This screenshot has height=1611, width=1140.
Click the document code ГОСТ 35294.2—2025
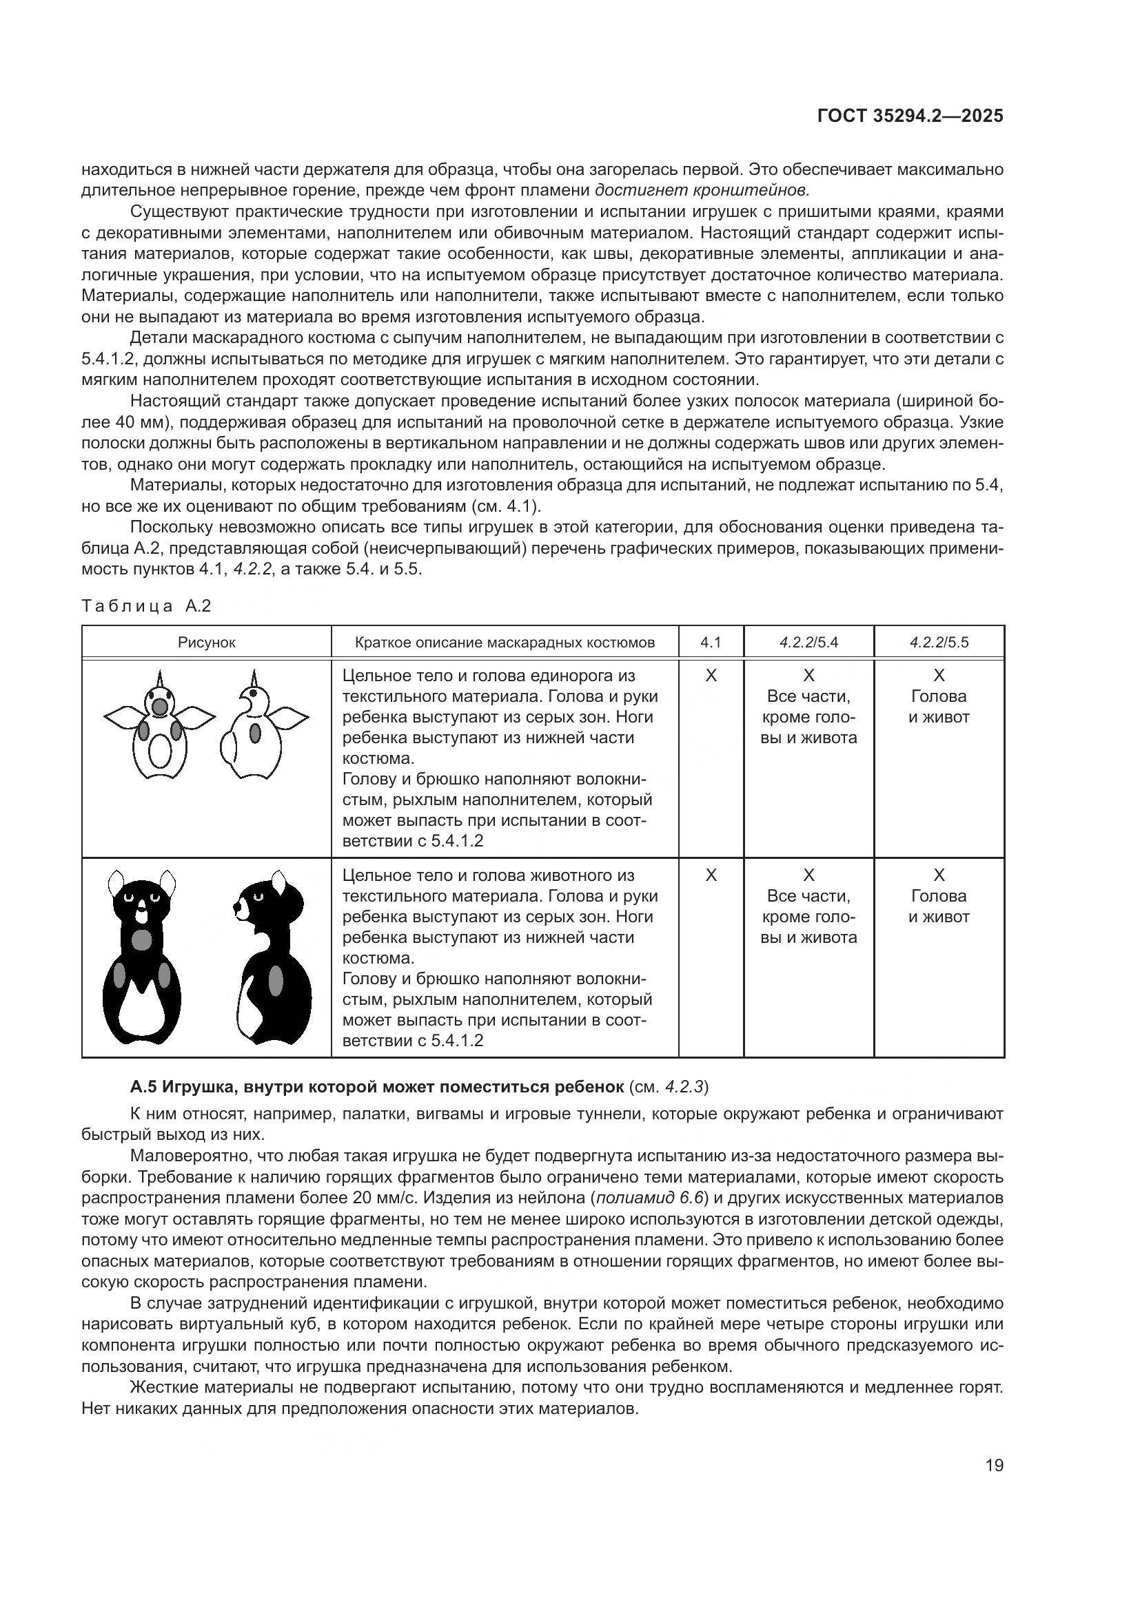coord(910,116)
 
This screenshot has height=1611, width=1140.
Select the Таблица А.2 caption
coord(146,606)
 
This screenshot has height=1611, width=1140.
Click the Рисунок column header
coord(206,642)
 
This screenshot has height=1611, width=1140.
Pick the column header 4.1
coord(711,642)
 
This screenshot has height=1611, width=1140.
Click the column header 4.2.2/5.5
coord(939,642)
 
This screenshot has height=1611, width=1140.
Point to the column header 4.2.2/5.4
coord(808,642)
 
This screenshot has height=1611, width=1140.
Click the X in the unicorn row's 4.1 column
coord(711,676)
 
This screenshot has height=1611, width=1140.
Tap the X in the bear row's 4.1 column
coord(711,875)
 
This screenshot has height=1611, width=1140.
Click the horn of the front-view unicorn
coord(161,680)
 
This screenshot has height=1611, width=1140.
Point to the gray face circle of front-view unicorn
coord(161,707)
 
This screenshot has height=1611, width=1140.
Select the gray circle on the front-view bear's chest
coord(143,939)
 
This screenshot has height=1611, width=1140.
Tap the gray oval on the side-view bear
coord(276,980)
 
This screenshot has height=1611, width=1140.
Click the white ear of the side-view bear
coord(279,884)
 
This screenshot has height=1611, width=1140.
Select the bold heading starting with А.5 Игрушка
coord(376,1087)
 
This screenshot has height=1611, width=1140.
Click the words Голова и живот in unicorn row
coord(939,707)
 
